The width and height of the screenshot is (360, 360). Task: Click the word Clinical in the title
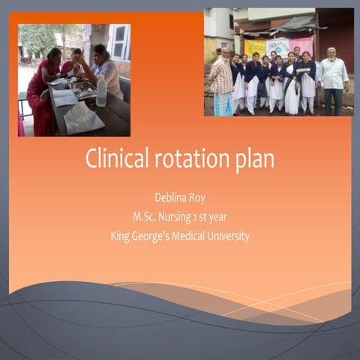tap(112, 159)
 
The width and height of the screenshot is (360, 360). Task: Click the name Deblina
tap(170, 199)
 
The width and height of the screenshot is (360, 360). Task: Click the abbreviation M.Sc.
tap(145, 217)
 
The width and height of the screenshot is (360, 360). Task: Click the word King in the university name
tap(122, 236)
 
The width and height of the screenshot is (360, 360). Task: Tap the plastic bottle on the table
tap(100, 91)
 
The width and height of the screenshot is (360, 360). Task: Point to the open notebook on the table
tap(65, 97)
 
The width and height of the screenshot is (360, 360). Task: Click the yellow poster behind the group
tap(255, 46)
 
